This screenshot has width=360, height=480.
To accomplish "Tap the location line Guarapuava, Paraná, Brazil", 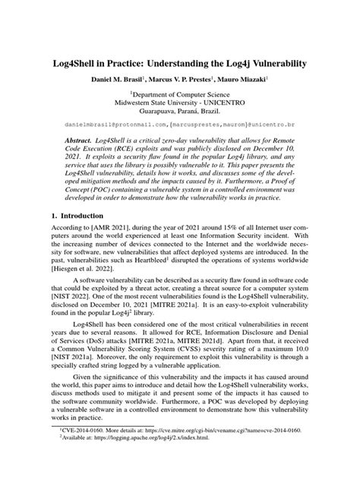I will [x=180, y=117].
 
